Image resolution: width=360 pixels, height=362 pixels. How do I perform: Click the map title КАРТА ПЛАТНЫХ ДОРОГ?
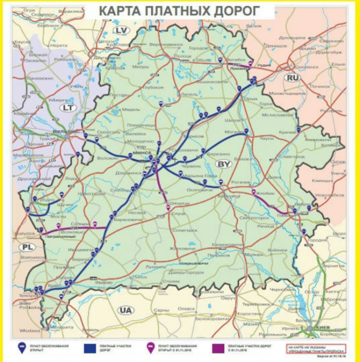180,11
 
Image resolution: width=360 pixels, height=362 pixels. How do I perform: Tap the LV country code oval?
122,31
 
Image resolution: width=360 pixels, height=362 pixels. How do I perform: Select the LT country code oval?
67,108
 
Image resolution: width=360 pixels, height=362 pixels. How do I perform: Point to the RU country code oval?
292,77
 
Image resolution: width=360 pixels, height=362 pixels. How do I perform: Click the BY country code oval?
224,164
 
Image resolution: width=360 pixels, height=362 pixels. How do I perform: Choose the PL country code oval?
26,247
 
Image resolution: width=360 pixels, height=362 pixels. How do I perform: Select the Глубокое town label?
154,87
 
